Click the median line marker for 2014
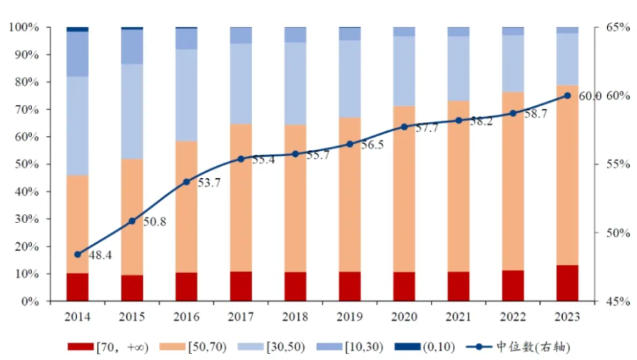pos(78,254)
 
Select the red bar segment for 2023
pos(568,283)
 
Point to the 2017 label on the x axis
pos(241,314)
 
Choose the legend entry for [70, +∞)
pos(106,347)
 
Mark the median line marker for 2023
pos(568,96)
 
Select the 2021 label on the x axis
pos(459,314)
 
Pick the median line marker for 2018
pos(295,154)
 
